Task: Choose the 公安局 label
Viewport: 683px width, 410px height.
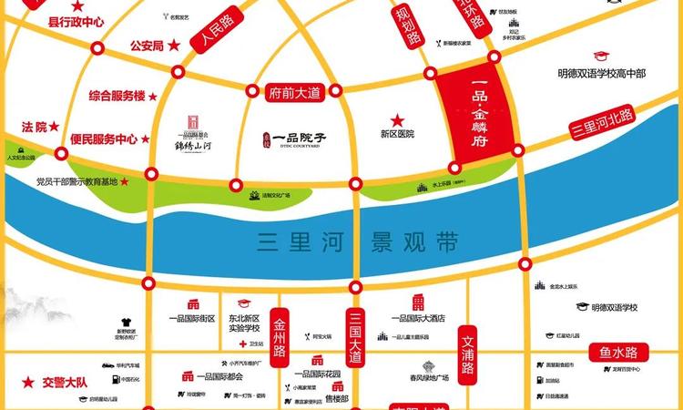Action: point(147,45)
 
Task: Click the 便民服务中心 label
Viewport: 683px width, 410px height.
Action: point(103,139)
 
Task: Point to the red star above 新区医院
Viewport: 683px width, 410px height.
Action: point(397,119)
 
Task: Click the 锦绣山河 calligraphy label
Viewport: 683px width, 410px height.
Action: point(193,144)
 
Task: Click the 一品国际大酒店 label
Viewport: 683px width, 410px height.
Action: point(417,318)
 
